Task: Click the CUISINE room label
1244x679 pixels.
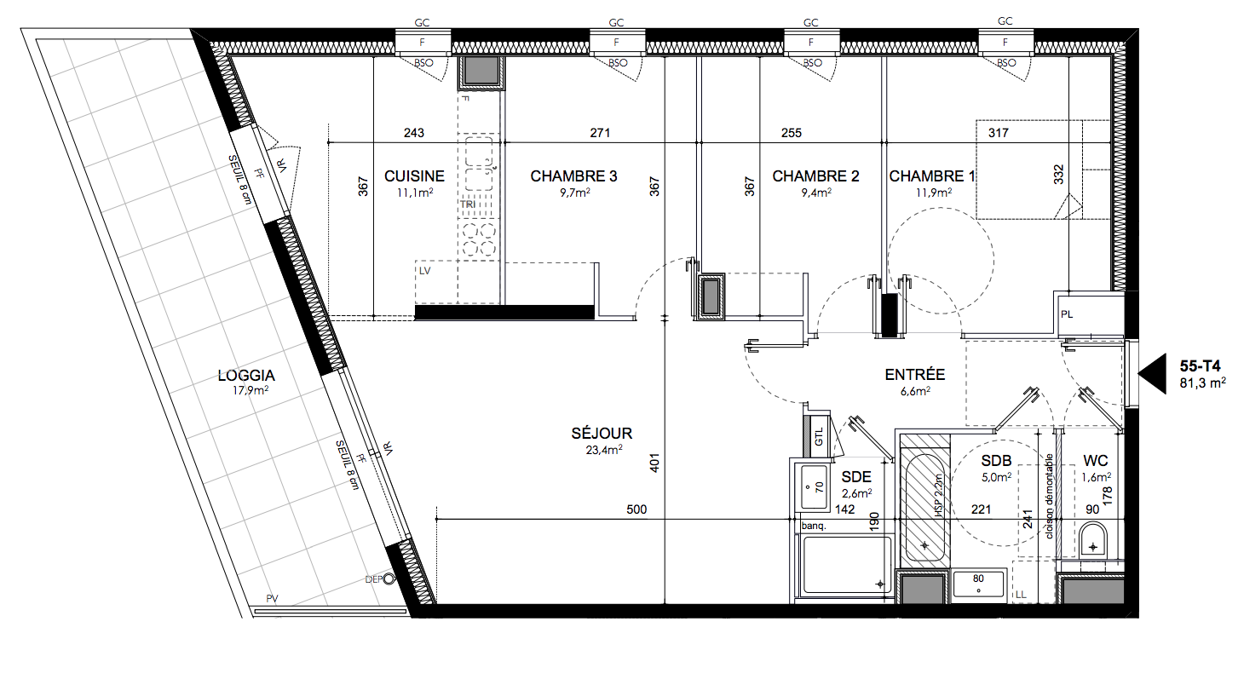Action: point(414,176)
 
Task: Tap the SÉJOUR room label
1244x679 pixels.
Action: point(602,433)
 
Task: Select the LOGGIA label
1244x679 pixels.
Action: point(246,376)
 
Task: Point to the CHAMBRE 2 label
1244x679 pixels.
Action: point(815,176)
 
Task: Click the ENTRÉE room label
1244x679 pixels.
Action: point(914,374)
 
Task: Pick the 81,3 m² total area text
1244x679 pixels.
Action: point(1203,383)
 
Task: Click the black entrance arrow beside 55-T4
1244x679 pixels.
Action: point(1152,374)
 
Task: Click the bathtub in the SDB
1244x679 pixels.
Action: point(924,508)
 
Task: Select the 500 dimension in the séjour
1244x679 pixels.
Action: point(636,509)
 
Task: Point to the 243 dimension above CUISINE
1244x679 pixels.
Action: point(414,133)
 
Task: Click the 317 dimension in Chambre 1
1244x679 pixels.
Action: point(998,133)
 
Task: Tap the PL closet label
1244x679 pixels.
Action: point(1066,314)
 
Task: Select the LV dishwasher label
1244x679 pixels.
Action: point(425,271)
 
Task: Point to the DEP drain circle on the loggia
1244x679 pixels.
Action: point(389,579)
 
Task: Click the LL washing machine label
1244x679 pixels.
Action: point(1021,595)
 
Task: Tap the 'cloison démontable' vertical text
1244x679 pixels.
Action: point(1049,496)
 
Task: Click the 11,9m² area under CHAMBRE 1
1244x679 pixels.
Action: point(934,193)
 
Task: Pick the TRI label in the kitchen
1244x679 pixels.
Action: point(468,204)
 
